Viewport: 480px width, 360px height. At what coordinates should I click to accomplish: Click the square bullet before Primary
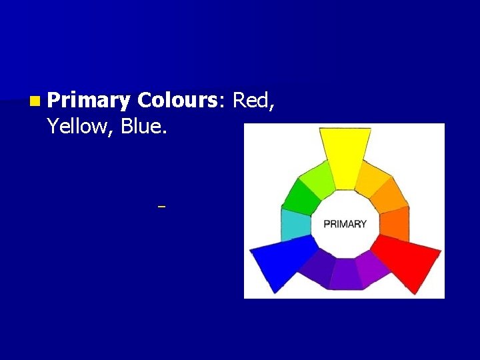point(34,101)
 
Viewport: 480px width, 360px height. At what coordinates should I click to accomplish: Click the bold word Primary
point(89,101)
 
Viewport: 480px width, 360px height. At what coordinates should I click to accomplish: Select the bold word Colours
point(177,101)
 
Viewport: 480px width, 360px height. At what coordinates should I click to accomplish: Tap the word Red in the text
point(253,101)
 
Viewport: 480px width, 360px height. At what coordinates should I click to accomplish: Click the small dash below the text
point(161,207)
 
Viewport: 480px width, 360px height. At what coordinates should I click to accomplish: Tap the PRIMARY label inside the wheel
point(345,224)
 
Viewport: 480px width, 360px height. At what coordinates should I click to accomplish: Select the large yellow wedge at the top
point(345,157)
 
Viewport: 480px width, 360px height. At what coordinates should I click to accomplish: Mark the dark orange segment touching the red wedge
point(393,224)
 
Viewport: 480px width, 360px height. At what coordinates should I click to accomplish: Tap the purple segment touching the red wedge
point(373,269)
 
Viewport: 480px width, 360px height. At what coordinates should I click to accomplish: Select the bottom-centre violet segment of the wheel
point(345,275)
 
